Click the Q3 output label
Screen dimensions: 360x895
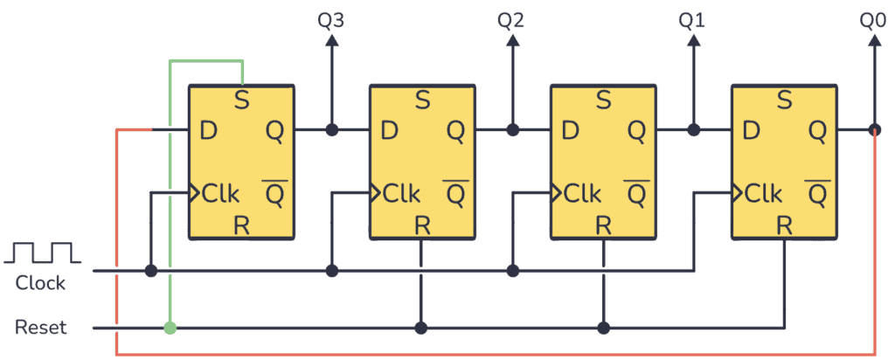click(x=331, y=19)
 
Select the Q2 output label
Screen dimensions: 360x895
click(x=511, y=19)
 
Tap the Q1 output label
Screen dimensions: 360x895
click(x=692, y=19)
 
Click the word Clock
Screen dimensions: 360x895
click(x=40, y=283)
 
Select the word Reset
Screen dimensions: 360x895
click(x=40, y=329)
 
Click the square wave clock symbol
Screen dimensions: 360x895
click(x=42, y=253)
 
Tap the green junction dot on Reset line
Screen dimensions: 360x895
click(x=170, y=329)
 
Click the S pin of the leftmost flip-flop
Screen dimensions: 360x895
click(x=242, y=100)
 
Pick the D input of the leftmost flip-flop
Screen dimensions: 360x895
click(x=208, y=131)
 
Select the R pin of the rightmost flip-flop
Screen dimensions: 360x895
click(x=784, y=225)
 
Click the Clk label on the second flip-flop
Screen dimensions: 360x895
click(x=400, y=192)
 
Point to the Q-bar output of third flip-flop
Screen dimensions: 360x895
click(x=635, y=192)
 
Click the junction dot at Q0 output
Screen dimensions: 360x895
click(x=874, y=130)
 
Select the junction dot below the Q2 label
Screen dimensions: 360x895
click(x=512, y=130)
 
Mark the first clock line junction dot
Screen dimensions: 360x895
click(x=150, y=271)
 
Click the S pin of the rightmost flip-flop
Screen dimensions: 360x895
click(x=784, y=100)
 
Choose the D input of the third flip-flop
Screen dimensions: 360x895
click(x=570, y=131)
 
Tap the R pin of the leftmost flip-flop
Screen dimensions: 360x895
click(x=242, y=225)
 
